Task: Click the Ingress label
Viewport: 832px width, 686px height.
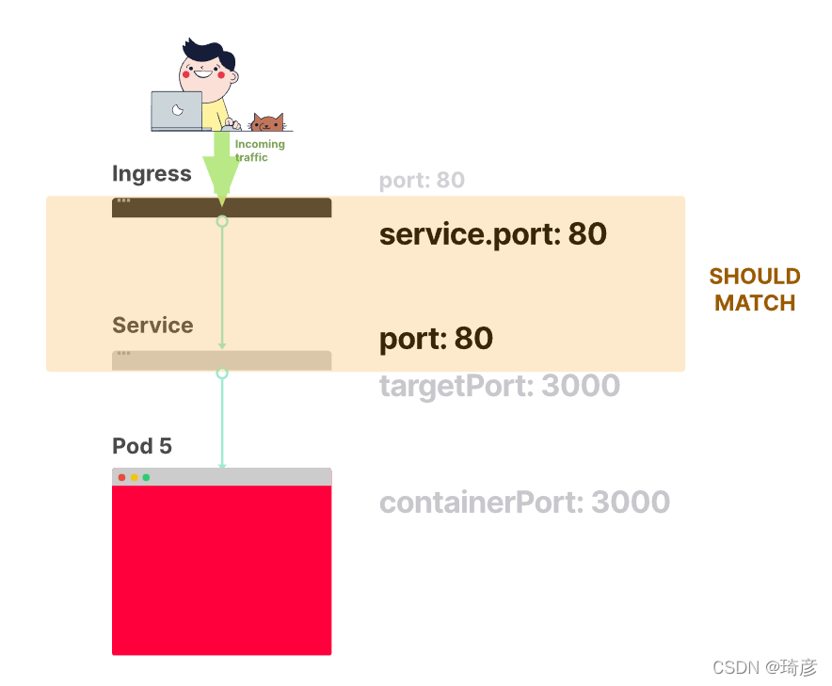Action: pos(152,173)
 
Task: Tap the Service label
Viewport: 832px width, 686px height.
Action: pos(152,326)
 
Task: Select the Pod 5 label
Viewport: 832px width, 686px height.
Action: pos(142,446)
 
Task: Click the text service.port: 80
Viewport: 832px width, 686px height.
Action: pos(493,234)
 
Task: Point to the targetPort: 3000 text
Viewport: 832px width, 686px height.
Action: pos(500,386)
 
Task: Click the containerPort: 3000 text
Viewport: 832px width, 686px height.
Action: pos(525,502)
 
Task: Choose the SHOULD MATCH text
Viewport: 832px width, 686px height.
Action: pos(755,290)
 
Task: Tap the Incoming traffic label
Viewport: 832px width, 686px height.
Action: pos(260,151)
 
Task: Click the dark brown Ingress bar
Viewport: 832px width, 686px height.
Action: pos(222,207)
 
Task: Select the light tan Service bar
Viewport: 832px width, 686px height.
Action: pos(222,360)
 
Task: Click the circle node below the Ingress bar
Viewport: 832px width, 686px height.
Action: pos(222,221)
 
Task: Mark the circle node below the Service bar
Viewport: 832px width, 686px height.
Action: pos(222,374)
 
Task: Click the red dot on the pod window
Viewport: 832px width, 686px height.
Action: pos(122,477)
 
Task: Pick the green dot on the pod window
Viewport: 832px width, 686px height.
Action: pos(146,477)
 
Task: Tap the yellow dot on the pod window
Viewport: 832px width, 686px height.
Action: pos(135,477)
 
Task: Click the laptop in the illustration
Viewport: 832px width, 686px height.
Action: pos(177,111)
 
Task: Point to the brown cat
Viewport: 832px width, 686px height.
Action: pos(267,122)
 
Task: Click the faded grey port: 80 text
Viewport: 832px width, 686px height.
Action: pos(422,181)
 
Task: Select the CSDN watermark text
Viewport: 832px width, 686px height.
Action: pos(764,667)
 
